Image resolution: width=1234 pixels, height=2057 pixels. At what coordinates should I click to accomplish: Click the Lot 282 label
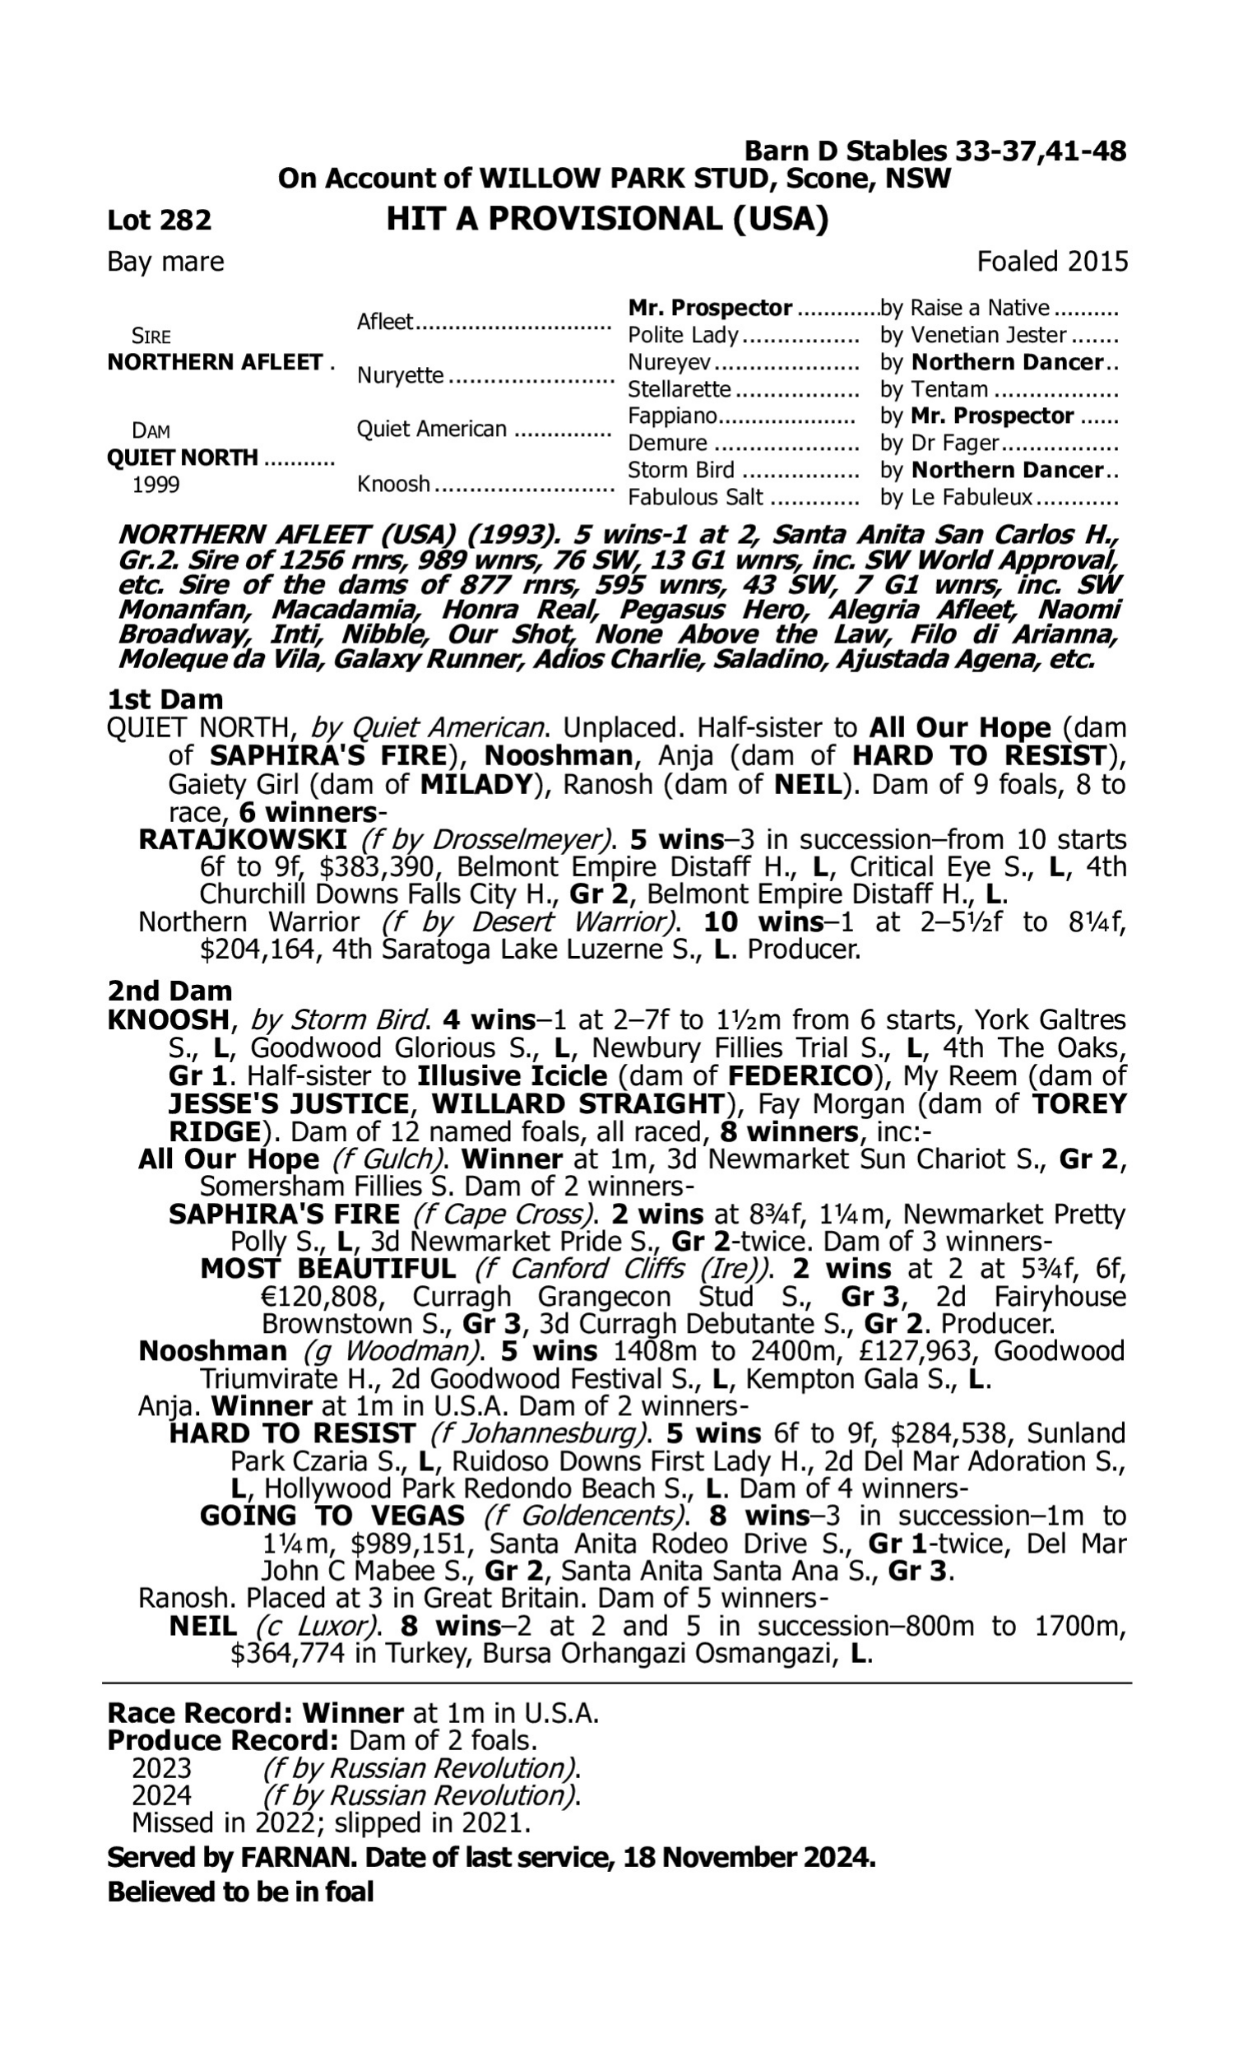point(159,221)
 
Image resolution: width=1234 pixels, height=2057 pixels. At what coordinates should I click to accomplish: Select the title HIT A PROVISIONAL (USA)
point(607,220)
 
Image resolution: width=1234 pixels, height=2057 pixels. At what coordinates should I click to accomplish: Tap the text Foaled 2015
point(1052,262)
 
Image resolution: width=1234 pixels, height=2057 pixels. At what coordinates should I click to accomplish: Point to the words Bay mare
point(165,262)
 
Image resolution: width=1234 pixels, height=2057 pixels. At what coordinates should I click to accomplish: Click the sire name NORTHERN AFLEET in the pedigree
point(215,363)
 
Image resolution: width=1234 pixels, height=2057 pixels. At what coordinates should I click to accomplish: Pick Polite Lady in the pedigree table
point(683,335)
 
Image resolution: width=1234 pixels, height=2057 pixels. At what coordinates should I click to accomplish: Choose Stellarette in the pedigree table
point(679,389)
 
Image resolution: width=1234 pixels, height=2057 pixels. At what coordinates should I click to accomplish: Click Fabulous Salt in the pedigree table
point(695,497)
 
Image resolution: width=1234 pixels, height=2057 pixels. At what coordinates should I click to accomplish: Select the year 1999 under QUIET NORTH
point(155,485)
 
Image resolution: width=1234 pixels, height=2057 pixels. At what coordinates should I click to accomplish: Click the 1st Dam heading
point(165,699)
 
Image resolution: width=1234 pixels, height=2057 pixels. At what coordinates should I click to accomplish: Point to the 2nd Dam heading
point(169,991)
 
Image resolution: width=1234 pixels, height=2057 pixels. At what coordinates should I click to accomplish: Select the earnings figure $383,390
point(378,867)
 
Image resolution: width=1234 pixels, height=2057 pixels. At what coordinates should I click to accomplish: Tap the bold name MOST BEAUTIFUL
point(327,1270)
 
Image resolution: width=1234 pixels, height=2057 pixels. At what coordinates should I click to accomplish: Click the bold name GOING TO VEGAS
point(332,1516)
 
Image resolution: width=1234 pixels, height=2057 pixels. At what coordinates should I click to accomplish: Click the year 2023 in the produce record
point(161,1768)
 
